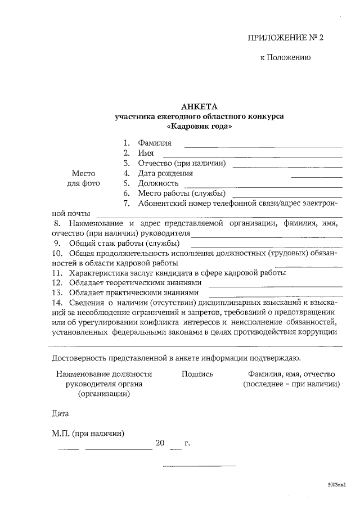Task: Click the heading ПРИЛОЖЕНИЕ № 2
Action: click(x=286, y=38)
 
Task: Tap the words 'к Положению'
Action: click(x=285, y=57)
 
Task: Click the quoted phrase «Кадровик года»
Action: click(x=199, y=127)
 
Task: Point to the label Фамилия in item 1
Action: click(x=155, y=143)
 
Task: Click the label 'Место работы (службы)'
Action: click(x=178, y=193)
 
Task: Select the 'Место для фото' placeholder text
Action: click(x=83, y=178)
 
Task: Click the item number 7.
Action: click(x=127, y=204)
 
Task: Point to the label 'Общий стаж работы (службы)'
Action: click(x=124, y=244)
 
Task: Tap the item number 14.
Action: click(x=56, y=303)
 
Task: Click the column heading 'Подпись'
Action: click(x=197, y=374)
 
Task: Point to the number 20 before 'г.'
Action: click(x=160, y=444)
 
